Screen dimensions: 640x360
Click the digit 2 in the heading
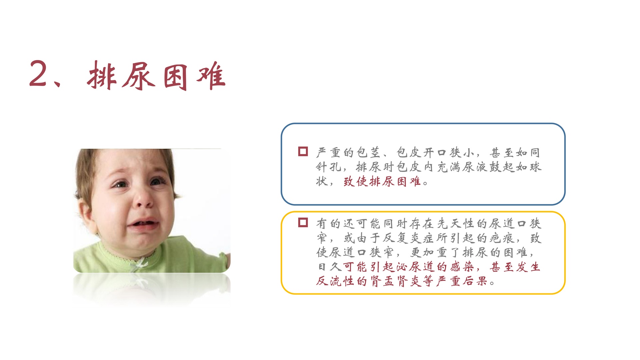coord(38,74)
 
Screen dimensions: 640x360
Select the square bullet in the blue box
coord(303,151)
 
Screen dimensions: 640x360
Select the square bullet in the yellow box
coord(303,222)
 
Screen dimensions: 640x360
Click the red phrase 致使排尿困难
coord(382,181)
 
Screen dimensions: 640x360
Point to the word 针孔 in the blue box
coord(329,167)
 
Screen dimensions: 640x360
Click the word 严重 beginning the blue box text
coord(329,152)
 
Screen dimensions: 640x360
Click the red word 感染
coord(462,267)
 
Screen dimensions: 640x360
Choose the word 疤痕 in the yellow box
coord(502,238)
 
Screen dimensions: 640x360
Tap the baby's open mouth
coord(143,224)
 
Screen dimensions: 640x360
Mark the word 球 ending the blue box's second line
coord(536,167)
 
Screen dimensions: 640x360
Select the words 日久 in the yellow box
coord(329,267)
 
